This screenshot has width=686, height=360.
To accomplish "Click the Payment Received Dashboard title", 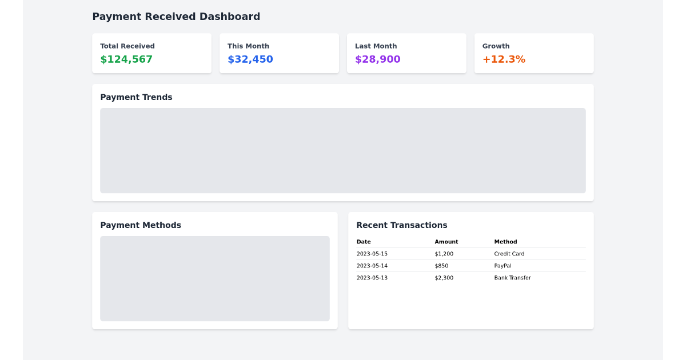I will pyautogui.click(x=176, y=17).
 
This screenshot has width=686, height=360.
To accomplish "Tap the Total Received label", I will pyautogui.click(x=127, y=46).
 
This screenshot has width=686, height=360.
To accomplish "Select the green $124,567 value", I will pyautogui.click(x=126, y=59).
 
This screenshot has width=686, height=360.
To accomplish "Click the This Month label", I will pyautogui.click(x=248, y=46).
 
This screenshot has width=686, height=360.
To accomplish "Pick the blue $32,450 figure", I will pyautogui.click(x=250, y=59).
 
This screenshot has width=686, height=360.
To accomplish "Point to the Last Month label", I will pyautogui.click(x=376, y=46).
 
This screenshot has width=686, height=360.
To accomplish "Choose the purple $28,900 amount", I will pyautogui.click(x=377, y=59).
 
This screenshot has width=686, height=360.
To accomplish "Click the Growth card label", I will pyautogui.click(x=496, y=46).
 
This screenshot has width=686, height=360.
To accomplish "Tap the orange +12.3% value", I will pyautogui.click(x=504, y=59).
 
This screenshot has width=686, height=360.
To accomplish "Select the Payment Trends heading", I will pyautogui.click(x=136, y=97).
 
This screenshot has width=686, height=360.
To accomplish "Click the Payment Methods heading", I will pyautogui.click(x=141, y=225).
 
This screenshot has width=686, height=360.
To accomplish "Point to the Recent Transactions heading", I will pyautogui.click(x=401, y=225).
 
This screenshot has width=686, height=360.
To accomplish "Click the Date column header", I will pyautogui.click(x=364, y=242).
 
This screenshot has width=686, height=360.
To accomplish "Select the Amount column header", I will pyautogui.click(x=446, y=242).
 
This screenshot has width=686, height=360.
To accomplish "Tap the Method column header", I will pyautogui.click(x=505, y=242).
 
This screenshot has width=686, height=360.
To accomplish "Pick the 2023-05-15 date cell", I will pyautogui.click(x=372, y=254).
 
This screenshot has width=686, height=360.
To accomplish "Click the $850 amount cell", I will pyautogui.click(x=441, y=266).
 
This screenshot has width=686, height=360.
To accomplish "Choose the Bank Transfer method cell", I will pyautogui.click(x=512, y=278).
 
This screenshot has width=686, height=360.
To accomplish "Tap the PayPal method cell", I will pyautogui.click(x=502, y=266).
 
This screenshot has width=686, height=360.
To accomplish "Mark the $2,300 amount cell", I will pyautogui.click(x=444, y=278).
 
